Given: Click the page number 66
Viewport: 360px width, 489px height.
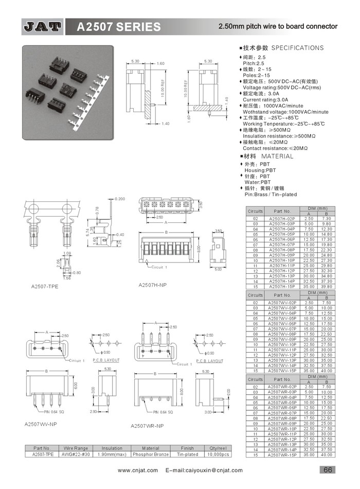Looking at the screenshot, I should pos(328,469).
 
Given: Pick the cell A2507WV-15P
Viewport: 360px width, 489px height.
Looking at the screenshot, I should pos(282,371).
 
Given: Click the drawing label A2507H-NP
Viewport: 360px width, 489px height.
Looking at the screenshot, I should pos(153,285).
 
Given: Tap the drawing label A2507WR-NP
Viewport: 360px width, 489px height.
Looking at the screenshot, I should pos(147,426).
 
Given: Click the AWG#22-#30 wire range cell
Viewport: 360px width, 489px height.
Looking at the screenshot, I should pos(75,455).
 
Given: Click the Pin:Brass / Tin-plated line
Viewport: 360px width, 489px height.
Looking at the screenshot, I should pos(271,194).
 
